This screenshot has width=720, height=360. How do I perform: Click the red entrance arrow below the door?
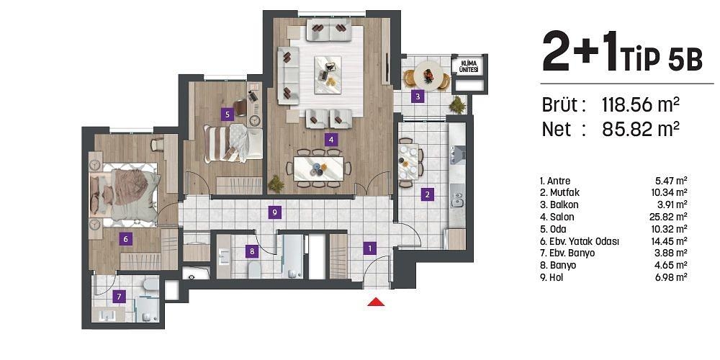(376, 302)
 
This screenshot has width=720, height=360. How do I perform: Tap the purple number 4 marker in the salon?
(330, 140)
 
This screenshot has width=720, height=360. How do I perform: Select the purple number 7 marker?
(120, 296)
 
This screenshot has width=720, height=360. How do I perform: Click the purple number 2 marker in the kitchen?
(427, 194)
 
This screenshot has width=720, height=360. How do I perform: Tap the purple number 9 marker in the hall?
(273, 212)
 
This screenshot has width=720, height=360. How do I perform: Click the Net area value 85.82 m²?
(641, 129)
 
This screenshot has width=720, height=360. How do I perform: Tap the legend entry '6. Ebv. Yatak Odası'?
(579, 240)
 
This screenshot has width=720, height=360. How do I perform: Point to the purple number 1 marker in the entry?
(370, 248)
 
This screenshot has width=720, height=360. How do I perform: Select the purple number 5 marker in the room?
(228, 113)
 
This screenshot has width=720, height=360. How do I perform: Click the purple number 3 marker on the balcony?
(417, 96)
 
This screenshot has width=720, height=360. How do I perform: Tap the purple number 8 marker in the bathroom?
(251, 251)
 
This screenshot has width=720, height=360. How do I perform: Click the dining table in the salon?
(318, 168)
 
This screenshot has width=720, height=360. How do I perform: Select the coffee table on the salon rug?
(329, 71)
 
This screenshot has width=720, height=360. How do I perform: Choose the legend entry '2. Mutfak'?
(561, 192)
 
